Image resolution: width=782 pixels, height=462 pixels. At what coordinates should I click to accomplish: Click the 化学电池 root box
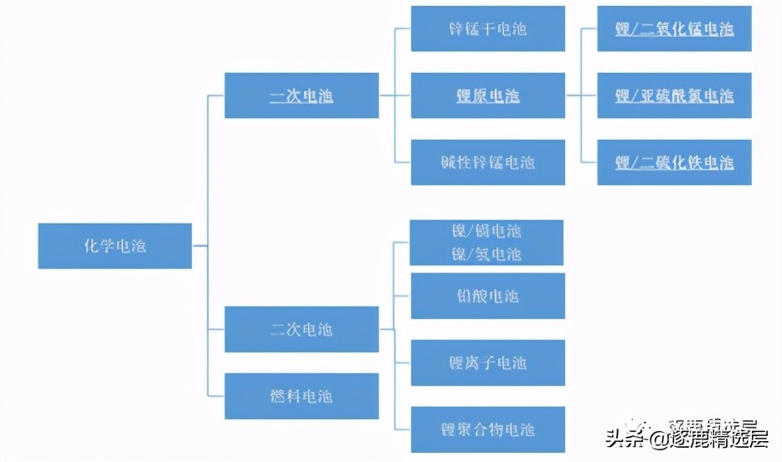point(115,246)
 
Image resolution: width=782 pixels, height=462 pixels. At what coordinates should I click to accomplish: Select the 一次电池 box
point(301,95)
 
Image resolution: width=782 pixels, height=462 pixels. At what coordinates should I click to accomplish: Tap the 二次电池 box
point(301,329)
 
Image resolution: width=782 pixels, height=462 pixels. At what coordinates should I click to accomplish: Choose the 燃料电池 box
point(301,396)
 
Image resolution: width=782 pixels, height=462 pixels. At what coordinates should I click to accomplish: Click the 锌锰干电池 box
point(487,28)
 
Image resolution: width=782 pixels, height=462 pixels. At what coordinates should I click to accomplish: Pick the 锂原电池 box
point(487,95)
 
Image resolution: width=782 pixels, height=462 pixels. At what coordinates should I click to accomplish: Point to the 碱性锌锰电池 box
point(487,162)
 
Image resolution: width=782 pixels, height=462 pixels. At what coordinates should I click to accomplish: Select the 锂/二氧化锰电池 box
point(674,28)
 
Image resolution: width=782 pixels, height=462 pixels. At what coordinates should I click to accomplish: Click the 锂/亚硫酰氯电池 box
point(674,95)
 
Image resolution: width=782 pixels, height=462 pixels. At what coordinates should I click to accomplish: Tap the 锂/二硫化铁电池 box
point(674,162)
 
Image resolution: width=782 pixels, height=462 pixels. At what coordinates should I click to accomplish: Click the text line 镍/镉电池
point(486,231)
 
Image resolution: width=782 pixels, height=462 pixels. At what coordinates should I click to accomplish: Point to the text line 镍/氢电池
point(486,254)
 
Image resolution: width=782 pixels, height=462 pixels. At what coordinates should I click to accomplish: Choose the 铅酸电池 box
point(487,295)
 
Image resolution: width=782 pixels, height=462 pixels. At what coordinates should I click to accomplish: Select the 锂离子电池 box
point(487,362)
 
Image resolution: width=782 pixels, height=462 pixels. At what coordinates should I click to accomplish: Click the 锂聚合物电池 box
point(487,429)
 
